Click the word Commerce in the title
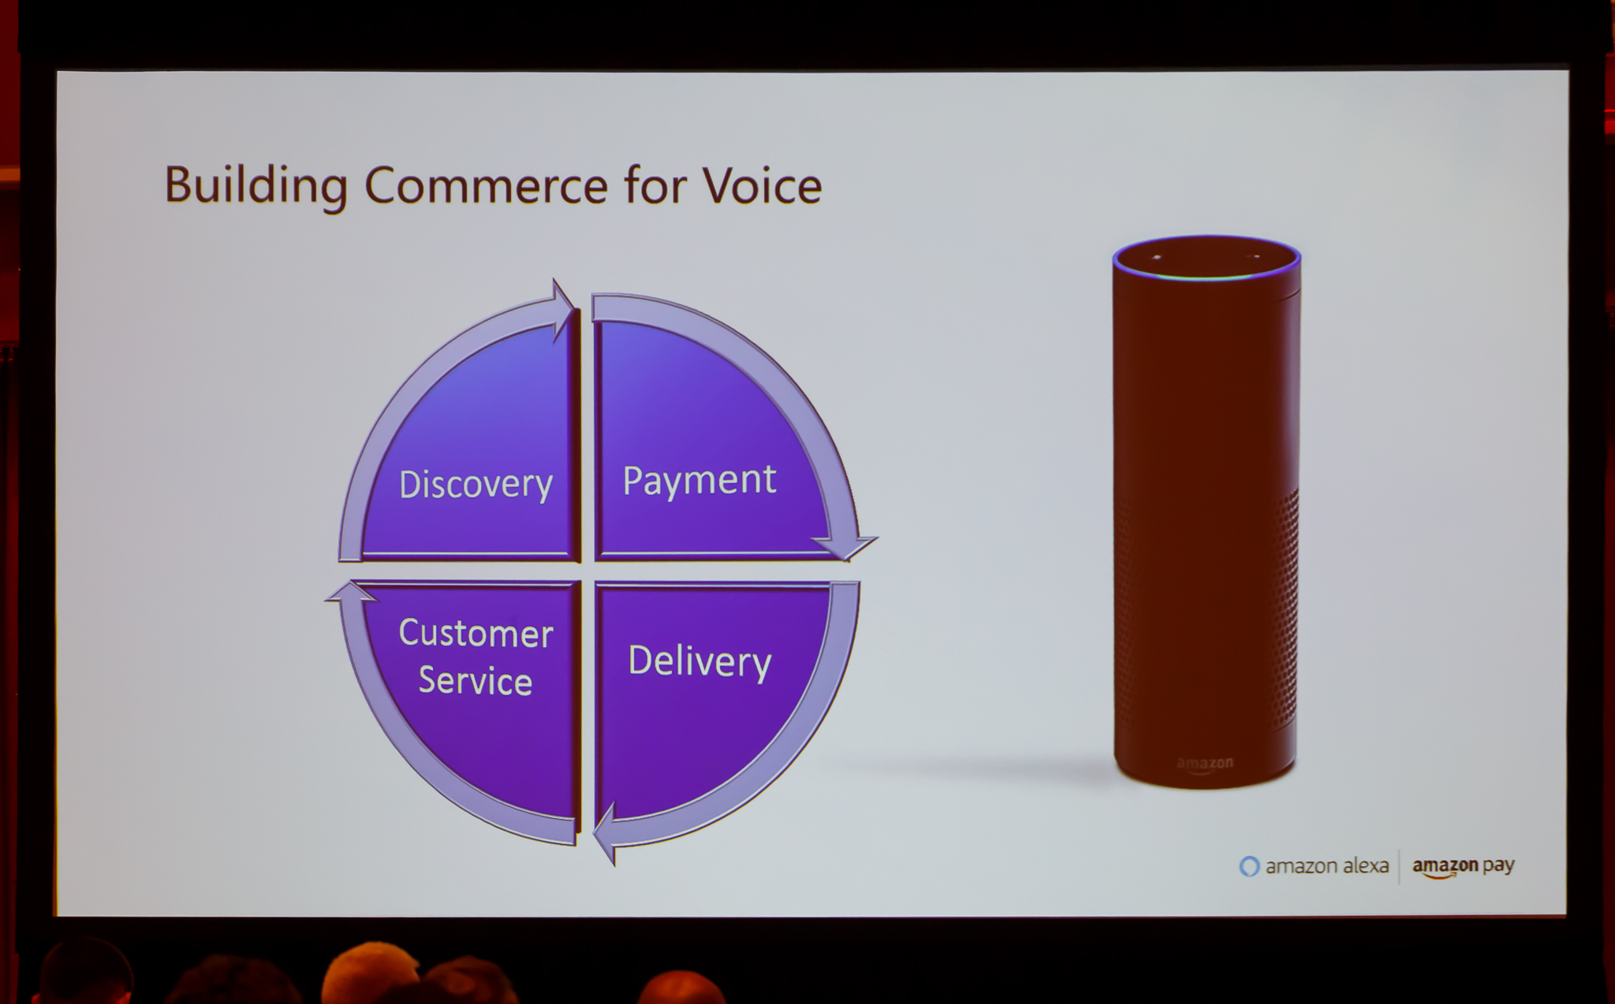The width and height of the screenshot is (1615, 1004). [486, 186]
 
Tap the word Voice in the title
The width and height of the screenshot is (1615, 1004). [762, 186]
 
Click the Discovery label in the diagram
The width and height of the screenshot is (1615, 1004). [476, 485]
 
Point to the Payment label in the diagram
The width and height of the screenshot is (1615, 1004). [699, 482]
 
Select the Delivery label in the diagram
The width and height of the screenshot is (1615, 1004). [699, 662]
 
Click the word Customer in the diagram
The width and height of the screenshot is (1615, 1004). [476, 634]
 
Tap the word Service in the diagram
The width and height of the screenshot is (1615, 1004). [476, 681]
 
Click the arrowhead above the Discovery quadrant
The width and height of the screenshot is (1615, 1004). [563, 310]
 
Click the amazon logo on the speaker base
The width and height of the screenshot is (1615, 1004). [1204, 764]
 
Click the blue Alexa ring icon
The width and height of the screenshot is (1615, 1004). [1249, 866]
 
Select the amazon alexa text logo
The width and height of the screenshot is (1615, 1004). [1315, 866]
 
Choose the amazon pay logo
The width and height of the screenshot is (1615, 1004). [1463, 866]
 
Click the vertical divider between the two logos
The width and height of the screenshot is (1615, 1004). [1400, 866]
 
